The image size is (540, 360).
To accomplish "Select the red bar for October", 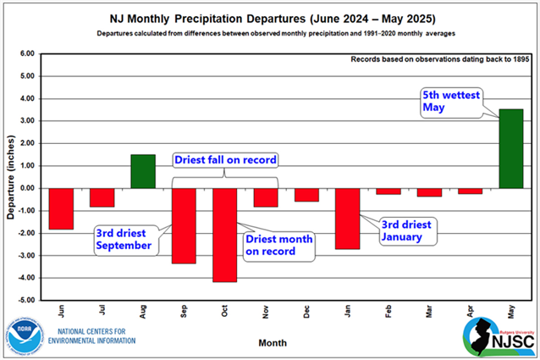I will point(224,235).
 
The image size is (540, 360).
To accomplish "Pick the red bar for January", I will point(347,219).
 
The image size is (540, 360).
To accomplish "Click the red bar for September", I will point(184,225).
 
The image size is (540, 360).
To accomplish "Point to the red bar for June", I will point(61,208).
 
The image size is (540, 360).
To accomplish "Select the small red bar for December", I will point(306,195).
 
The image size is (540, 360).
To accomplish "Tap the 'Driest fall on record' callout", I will point(225,160).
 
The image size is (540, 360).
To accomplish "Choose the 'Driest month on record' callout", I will point(278,245).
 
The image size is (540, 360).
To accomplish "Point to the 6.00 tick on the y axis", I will point(25,53).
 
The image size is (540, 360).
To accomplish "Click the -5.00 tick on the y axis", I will point(25,300).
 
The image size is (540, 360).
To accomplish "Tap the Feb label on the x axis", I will point(388,311).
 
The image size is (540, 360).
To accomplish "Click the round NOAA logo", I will point(23,333).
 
